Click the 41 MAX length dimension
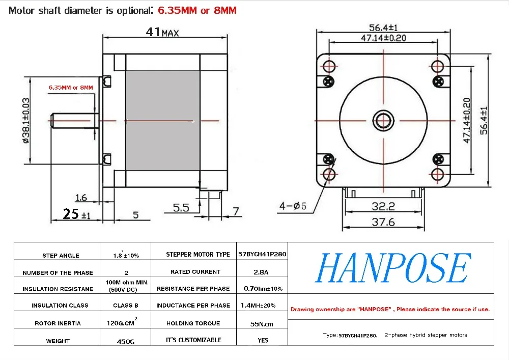point(162,32)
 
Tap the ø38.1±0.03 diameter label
point(25,121)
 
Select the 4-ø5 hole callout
point(293,206)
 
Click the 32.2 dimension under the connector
point(383,206)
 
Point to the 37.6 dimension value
point(383,222)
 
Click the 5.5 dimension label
point(181,207)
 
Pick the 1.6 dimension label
point(81,198)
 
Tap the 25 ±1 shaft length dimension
point(77,214)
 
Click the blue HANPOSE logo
point(393,268)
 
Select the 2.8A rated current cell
point(261,272)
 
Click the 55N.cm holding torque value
point(262,324)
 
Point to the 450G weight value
point(126,342)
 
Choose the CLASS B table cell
point(126,306)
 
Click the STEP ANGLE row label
point(61,256)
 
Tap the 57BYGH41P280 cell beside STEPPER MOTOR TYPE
point(262,254)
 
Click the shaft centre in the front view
point(383,121)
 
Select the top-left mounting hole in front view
point(329,66)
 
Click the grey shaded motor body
point(163,121)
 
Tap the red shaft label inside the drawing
point(71,88)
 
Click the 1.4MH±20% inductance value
point(258,306)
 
